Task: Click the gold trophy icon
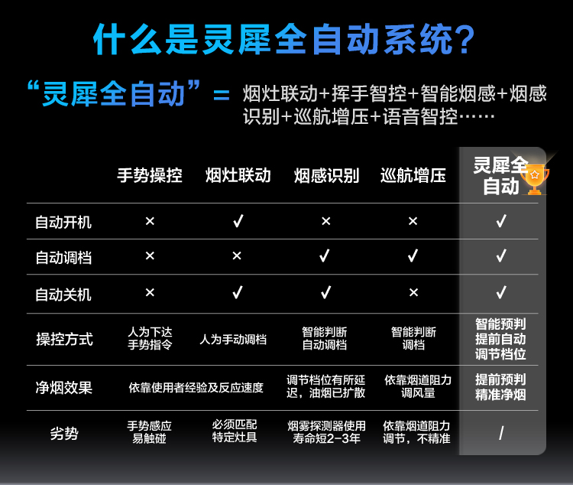535,179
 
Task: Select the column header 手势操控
150,175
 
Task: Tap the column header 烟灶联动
238,175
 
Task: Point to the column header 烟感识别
327,175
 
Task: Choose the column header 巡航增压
413,175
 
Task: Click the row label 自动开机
63,222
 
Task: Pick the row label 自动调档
63,258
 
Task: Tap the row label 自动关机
63,295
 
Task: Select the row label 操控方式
64,340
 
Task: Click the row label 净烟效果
64,388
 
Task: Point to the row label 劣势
64,434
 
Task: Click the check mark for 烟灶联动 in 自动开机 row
238,221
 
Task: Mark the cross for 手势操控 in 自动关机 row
150,292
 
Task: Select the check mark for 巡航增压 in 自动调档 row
413,256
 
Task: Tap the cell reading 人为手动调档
233,340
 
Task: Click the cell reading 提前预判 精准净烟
500,387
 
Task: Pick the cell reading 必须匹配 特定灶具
235,431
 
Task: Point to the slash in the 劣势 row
501,433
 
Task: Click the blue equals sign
222,95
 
